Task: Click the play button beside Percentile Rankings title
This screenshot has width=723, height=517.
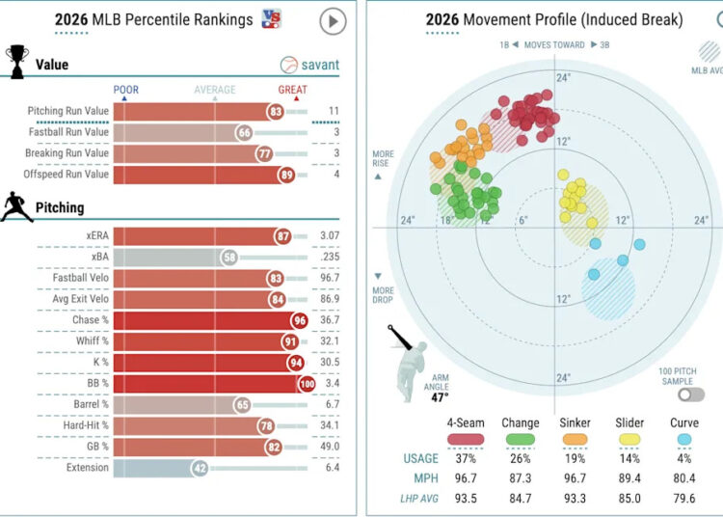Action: (x=333, y=21)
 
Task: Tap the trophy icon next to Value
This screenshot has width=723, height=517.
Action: (x=17, y=62)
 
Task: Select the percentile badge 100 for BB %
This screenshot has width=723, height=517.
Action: (x=308, y=384)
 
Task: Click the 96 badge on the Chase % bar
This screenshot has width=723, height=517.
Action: (x=300, y=320)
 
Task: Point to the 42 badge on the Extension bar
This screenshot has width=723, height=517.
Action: (x=201, y=469)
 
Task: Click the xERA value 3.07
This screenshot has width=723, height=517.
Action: (x=330, y=235)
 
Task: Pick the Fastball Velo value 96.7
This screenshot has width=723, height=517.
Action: (x=330, y=278)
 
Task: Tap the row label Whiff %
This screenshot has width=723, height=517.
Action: (x=93, y=340)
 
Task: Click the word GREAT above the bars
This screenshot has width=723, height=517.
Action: (x=292, y=90)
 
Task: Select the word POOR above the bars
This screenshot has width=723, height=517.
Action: (x=126, y=90)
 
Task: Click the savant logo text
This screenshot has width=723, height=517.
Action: (x=320, y=65)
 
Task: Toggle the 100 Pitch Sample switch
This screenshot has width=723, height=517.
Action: (x=691, y=395)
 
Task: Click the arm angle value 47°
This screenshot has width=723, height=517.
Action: (x=440, y=397)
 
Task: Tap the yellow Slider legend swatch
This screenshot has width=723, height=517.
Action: (x=629, y=439)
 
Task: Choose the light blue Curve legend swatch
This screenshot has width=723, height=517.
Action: (x=684, y=439)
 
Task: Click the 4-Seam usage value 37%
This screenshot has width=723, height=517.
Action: (x=466, y=458)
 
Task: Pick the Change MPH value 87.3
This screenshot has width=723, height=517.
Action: (x=521, y=478)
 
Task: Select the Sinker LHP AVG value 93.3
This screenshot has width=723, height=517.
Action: (x=575, y=499)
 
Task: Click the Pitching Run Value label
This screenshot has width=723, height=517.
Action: (x=68, y=111)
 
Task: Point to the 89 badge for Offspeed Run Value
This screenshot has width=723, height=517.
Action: (x=287, y=175)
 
